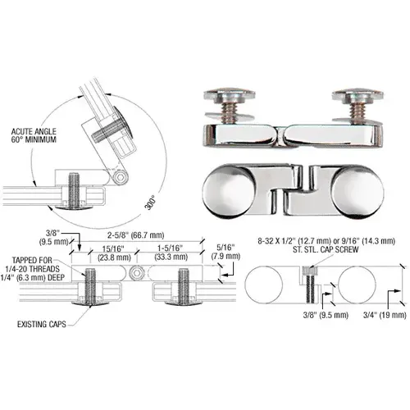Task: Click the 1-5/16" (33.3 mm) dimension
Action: click(173, 251)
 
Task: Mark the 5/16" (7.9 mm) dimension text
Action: click(227, 251)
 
